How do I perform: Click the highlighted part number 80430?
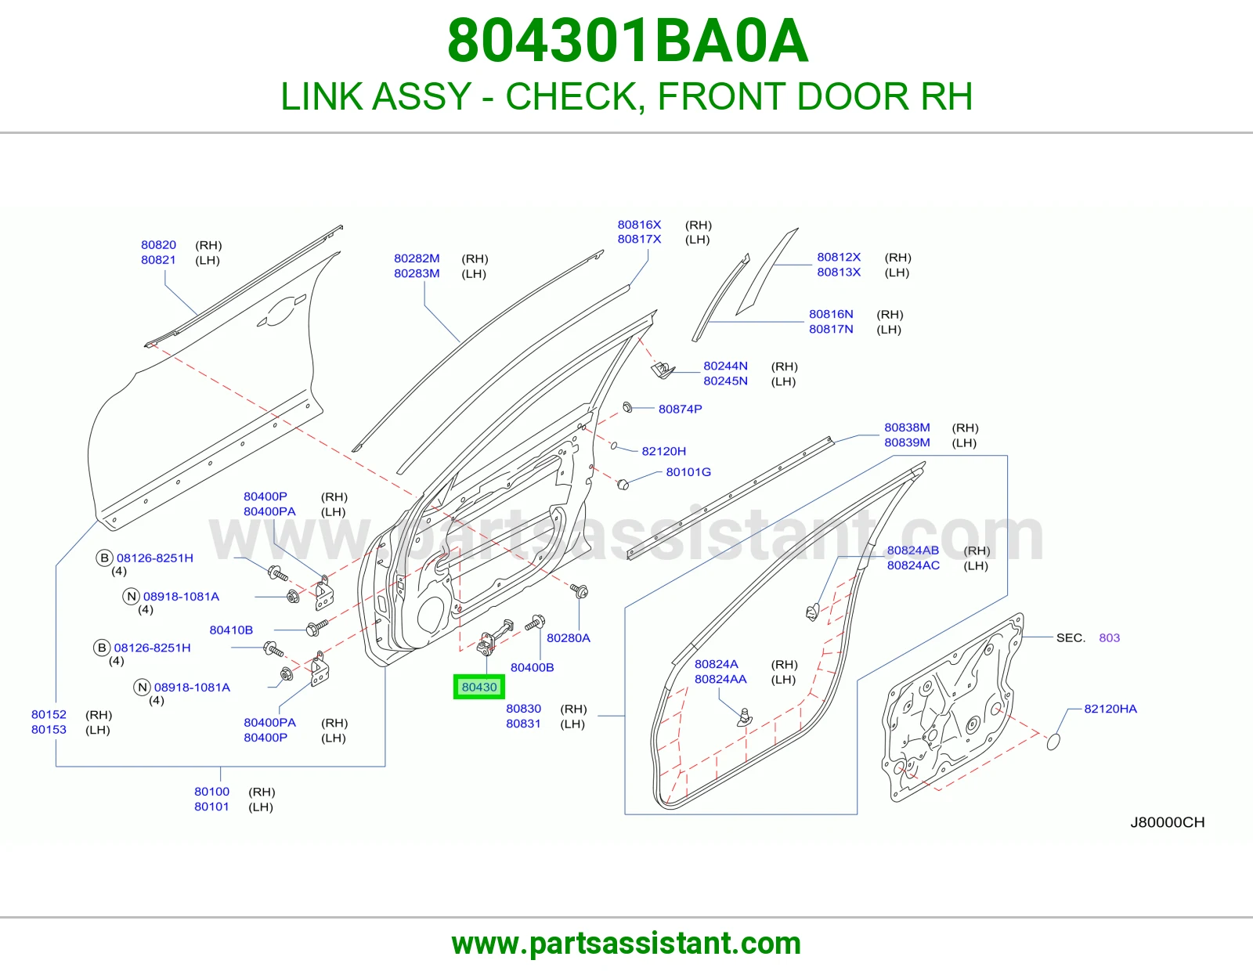479,688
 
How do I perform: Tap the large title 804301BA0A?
627,41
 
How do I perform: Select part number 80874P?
680,409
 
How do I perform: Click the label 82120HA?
1110,709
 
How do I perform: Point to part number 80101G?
688,471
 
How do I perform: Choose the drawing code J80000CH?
1167,822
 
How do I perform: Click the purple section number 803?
1109,637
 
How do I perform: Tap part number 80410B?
231,630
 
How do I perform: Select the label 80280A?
568,637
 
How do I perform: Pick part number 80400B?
532,667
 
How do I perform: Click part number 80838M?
907,428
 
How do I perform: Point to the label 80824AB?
913,550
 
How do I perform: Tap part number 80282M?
417,258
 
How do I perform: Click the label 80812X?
839,257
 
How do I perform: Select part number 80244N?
725,366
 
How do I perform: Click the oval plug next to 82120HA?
1053,742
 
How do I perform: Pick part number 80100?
211,792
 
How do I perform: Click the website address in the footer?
626,944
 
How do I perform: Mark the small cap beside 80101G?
622,484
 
